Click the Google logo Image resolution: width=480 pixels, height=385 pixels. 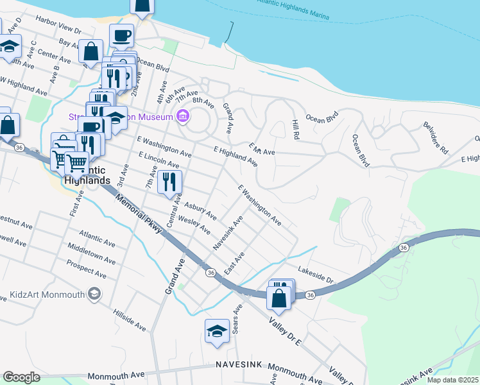point(21,377)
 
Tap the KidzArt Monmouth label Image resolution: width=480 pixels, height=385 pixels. point(47,295)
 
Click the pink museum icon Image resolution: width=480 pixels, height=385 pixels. point(183,117)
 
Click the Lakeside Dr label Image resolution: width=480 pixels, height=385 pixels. point(316,275)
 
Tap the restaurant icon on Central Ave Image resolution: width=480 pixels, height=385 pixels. point(169,182)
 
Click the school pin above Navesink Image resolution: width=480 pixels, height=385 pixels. point(217,332)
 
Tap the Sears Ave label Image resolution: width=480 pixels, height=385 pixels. point(237,319)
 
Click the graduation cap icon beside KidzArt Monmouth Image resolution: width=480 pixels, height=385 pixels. point(94,295)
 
